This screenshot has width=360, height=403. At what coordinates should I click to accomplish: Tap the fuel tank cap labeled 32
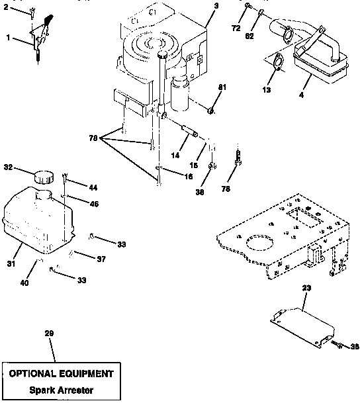pos(44,177)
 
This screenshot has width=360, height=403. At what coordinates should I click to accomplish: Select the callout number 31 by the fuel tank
pos(11,264)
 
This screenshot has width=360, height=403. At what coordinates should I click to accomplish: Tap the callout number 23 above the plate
pos(306,289)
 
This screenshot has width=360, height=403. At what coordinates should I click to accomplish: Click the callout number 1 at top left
pos(8,38)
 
